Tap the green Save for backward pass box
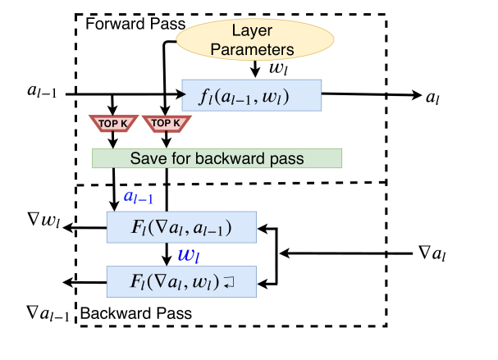tap(217, 157)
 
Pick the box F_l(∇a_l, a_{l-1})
tap(182, 226)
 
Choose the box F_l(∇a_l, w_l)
tap(182, 280)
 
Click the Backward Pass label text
tap(135, 312)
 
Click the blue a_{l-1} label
tap(137, 198)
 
